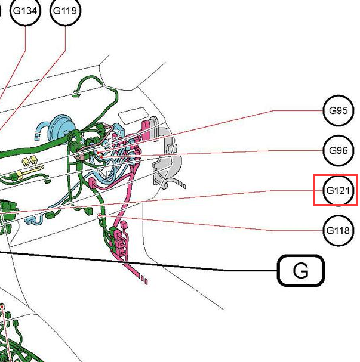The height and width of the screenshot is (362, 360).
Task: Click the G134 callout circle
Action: pyautogui.click(x=25, y=10)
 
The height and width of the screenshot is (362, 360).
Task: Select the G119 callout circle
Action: pyautogui.click(x=65, y=10)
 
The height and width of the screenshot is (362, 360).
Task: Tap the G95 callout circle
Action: pyautogui.click(x=339, y=110)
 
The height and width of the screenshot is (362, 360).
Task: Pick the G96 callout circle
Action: pyautogui.click(x=339, y=150)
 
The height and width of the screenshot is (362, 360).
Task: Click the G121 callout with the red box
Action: pyautogui.click(x=338, y=190)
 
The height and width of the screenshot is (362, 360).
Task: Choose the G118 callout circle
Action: pyautogui.click(x=339, y=230)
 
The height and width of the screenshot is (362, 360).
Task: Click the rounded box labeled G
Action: pyautogui.click(x=301, y=271)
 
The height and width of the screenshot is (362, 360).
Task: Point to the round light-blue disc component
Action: pyautogui.click(x=62, y=129)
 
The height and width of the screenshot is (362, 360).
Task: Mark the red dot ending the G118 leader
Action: pyautogui.click(x=99, y=215)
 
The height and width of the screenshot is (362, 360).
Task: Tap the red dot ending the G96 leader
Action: pyautogui.click(x=101, y=157)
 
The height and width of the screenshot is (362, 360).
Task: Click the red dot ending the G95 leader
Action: pyautogui.click(x=99, y=153)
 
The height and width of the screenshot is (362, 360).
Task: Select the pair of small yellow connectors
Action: pyautogui.click(x=30, y=160)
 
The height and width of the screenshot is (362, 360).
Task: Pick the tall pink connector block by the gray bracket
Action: pyautogui.click(x=146, y=130)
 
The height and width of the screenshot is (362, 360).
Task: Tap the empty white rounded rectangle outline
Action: pyautogui.click(x=134, y=116)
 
